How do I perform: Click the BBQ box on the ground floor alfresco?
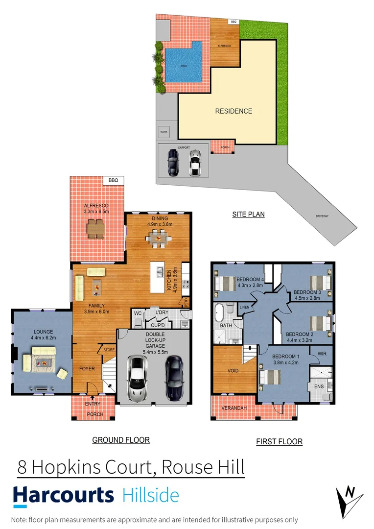click(114, 180)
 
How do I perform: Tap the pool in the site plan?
click(183, 64)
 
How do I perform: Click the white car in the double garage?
click(138, 378)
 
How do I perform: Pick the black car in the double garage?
click(173, 378)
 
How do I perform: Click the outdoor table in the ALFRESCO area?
click(96, 227)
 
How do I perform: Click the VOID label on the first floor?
click(234, 370)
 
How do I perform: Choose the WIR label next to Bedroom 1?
click(322, 353)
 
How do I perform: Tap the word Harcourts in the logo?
click(63, 495)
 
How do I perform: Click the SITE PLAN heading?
click(248, 214)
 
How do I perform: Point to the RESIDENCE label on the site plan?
click(234, 111)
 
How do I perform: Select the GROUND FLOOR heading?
click(121, 440)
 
